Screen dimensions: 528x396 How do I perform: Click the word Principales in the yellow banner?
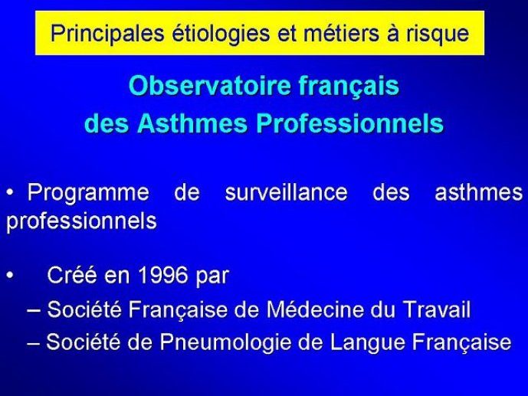(107, 33)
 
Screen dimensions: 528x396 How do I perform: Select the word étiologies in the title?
(221, 33)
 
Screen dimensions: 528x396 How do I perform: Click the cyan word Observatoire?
(210, 86)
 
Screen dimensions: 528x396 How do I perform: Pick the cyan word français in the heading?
(349, 87)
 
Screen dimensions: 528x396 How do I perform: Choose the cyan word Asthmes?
(192, 123)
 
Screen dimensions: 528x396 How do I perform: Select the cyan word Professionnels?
(350, 123)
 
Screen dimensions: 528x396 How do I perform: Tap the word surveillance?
(287, 192)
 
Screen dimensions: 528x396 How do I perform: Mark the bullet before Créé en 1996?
(10, 275)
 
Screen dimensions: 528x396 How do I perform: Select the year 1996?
(163, 275)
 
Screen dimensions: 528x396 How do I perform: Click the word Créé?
(72, 275)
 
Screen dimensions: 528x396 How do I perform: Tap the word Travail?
(436, 309)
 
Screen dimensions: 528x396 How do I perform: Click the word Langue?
(367, 343)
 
